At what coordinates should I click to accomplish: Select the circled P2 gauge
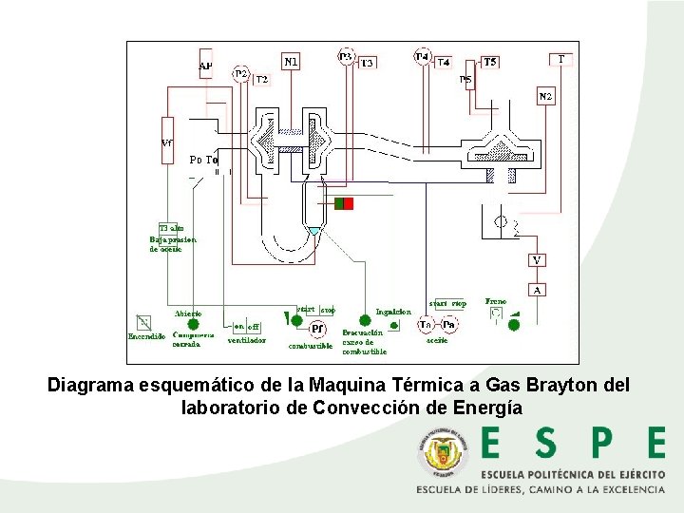click(x=240, y=74)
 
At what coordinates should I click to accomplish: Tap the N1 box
click(x=292, y=62)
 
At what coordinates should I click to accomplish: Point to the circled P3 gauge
click(x=347, y=56)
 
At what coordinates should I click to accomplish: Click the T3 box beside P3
click(x=367, y=62)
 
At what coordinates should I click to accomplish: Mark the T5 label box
click(x=489, y=62)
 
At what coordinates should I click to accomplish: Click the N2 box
click(x=545, y=97)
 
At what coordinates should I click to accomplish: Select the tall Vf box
click(x=167, y=141)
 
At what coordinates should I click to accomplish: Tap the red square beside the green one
click(x=349, y=203)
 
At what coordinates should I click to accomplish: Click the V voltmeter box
click(x=538, y=259)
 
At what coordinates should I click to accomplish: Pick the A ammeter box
click(x=538, y=289)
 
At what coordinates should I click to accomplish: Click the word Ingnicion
click(x=393, y=312)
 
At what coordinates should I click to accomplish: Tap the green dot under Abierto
click(x=193, y=325)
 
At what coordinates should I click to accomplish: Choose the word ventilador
click(x=246, y=339)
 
